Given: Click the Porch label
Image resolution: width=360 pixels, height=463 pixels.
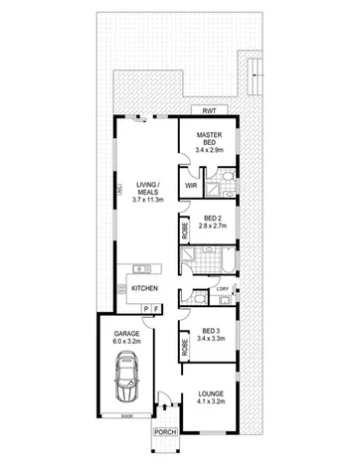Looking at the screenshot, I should (x=163, y=431).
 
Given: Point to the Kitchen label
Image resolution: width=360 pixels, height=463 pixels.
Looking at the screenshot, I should (x=145, y=289).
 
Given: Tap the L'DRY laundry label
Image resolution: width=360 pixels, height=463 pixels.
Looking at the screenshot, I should (x=220, y=289).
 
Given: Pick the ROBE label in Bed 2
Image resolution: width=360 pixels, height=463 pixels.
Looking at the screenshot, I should (x=186, y=231).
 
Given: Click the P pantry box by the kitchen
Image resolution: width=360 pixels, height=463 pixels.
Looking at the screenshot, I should (x=145, y=310).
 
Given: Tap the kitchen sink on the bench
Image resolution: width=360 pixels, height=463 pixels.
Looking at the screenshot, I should (x=142, y=267).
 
